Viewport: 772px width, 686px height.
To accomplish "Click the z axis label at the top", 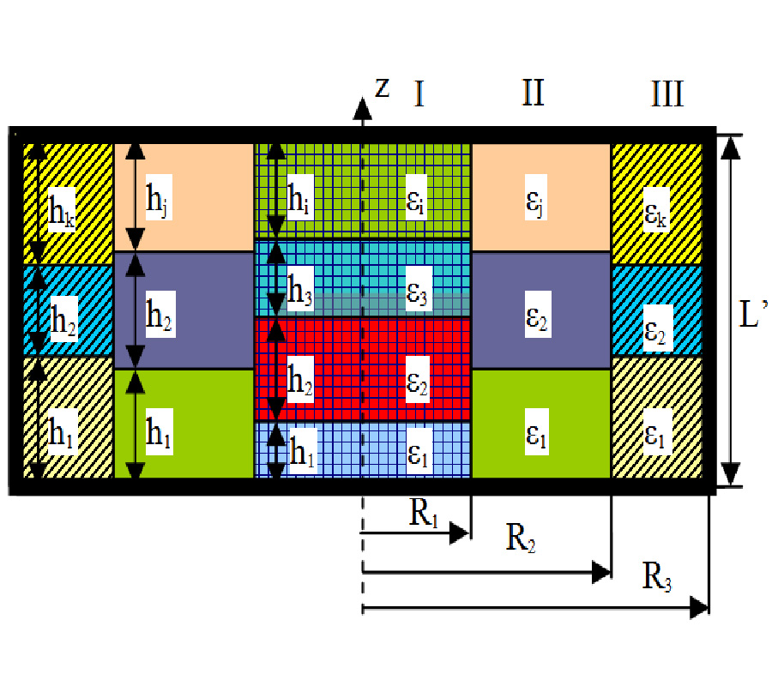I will point(383,87).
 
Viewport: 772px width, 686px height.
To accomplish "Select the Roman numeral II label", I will point(533,93).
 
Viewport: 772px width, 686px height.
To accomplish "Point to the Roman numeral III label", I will point(666,93).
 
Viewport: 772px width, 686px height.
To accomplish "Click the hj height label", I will point(157,202).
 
